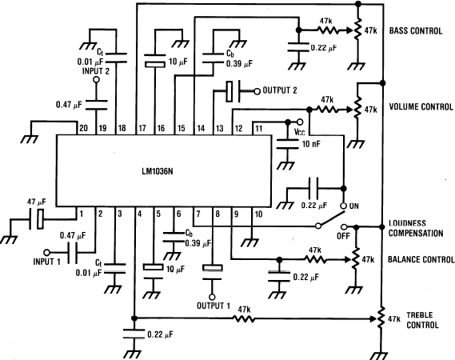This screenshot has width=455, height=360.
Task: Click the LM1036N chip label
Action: pyautogui.click(x=158, y=171)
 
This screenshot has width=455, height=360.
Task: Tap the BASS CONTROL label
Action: pyautogui.click(x=416, y=30)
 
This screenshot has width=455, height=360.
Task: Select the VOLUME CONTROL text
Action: pyautogui.click(x=421, y=107)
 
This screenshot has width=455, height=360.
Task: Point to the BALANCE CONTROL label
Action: pyautogui.click(x=421, y=259)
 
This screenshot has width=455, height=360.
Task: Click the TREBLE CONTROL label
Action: pyautogui.click(x=422, y=320)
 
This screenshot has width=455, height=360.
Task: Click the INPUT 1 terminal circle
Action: pyautogui.click(x=46, y=252)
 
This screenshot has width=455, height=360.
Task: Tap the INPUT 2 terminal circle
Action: pyautogui.click(x=96, y=79)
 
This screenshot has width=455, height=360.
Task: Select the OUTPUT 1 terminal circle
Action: pyautogui.click(x=212, y=297)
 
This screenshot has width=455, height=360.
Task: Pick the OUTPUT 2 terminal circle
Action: pyautogui.click(x=257, y=91)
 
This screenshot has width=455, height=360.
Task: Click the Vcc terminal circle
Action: pyautogui.click(x=300, y=122)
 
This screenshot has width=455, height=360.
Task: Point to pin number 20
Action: pyautogui.click(x=83, y=128)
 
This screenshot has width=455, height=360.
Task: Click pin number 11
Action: pyautogui.click(x=258, y=128)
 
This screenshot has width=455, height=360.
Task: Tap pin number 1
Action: pyautogui.click(x=82, y=214)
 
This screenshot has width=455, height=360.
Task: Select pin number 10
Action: pyautogui.click(x=258, y=214)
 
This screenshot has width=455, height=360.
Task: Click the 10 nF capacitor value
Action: pyautogui.click(x=311, y=144)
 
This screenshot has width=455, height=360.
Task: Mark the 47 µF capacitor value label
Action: pyautogui.click(x=36, y=202)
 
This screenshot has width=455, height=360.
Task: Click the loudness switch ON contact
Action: pyautogui.click(x=343, y=206)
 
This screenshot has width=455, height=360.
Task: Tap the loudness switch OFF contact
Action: pyautogui.click(x=344, y=226)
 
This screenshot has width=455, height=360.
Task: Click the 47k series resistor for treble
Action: pyautogui.click(x=244, y=319)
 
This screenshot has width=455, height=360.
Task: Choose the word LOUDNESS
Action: pyautogui.click(x=407, y=223)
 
